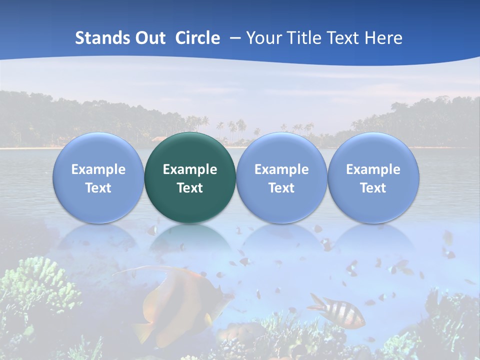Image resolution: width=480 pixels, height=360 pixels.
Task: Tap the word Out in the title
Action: coord(148,38)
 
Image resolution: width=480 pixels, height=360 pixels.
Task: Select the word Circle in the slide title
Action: coord(197,38)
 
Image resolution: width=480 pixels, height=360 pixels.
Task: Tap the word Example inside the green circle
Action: coord(190,169)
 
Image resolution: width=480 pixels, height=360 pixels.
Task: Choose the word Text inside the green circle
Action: coord(190,188)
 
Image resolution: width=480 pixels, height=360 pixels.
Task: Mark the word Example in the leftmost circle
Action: coord(98,169)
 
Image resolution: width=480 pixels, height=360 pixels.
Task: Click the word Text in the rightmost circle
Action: coord(373,188)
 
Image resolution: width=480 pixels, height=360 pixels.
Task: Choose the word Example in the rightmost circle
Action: coord(373,169)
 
